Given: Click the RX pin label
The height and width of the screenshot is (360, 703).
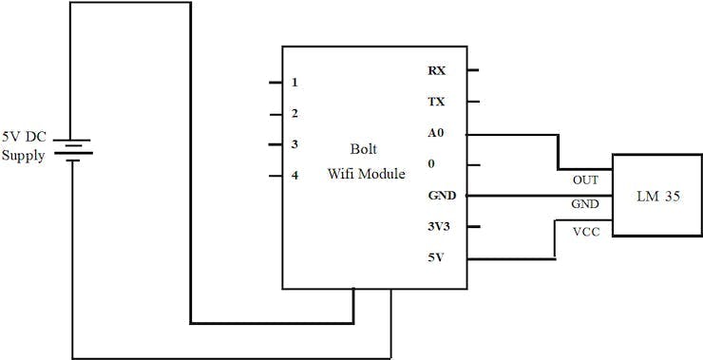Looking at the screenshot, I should [x=437, y=70].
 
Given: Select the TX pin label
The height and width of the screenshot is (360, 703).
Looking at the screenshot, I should [x=437, y=102].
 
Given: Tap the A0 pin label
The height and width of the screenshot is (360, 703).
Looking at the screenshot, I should [x=437, y=134].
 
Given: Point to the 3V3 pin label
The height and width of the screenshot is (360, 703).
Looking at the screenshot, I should [x=438, y=227].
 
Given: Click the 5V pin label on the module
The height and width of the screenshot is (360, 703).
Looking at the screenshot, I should [x=436, y=258].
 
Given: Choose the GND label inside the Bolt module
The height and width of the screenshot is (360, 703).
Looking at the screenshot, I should [x=442, y=196].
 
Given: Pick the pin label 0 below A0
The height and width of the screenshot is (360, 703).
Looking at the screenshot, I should [x=432, y=164].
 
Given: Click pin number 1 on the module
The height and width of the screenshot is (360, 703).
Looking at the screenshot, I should [x=295, y=83].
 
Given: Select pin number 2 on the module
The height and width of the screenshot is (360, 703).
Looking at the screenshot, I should [x=295, y=114].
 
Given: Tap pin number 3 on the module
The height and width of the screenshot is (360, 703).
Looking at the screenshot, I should [x=295, y=144].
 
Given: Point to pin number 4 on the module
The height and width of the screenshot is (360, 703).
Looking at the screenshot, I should [x=295, y=176].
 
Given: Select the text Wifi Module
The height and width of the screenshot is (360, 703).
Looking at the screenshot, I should [x=366, y=174].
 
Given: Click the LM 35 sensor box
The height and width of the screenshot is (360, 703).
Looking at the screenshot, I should [x=655, y=196].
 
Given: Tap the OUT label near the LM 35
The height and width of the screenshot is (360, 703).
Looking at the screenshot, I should [x=585, y=179].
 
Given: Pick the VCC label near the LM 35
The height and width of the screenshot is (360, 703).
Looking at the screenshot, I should [x=585, y=231].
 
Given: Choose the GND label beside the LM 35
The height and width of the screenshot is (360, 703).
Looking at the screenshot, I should [x=584, y=204].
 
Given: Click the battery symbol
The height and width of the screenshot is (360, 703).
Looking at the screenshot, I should [x=72, y=152].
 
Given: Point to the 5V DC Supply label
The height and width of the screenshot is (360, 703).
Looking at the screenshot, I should [x=24, y=146].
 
